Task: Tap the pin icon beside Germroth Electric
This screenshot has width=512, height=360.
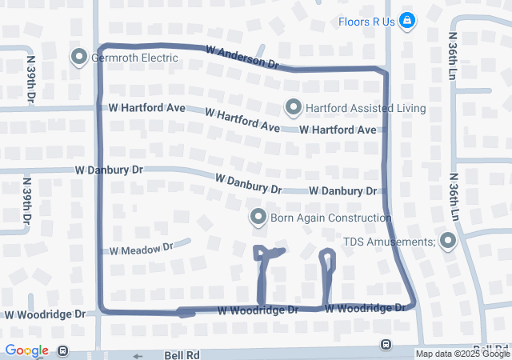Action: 79,58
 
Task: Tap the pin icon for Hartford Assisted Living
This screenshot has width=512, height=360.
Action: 294,107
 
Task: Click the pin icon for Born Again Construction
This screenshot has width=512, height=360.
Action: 258,216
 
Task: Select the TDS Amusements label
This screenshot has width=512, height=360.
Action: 390,241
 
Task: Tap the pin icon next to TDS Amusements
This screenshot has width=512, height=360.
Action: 447,240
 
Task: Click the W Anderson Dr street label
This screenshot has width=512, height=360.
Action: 242,56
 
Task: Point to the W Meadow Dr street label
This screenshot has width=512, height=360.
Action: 142,249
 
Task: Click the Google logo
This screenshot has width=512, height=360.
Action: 26,350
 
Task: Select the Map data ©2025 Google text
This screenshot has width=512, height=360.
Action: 462,354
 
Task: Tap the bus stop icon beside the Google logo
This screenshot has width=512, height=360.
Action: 62,350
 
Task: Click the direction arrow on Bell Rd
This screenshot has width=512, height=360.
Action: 137,356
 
